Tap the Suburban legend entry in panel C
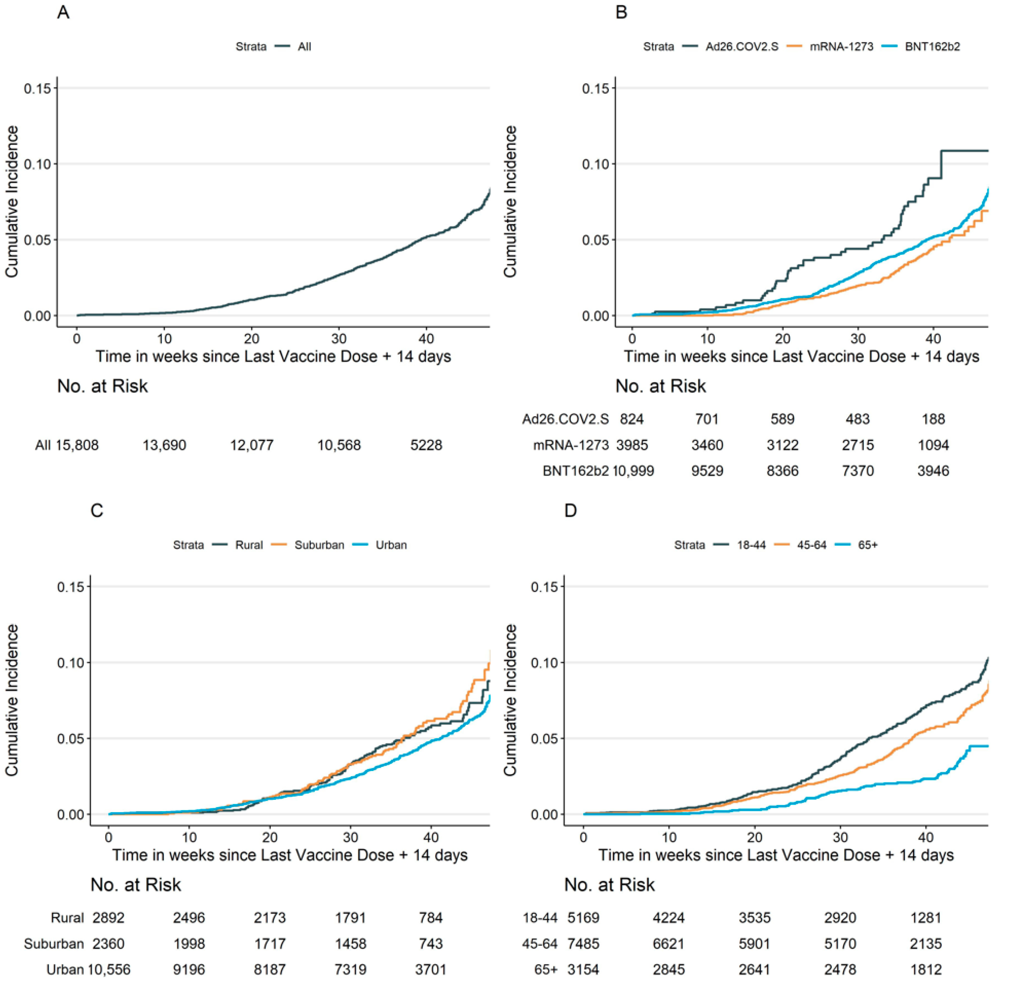tap(319, 545)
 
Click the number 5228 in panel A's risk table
tap(426, 445)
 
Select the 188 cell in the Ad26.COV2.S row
tap(933, 419)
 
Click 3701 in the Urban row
tap(431, 970)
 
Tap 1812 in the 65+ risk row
tap(926, 970)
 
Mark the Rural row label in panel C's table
tap(67, 918)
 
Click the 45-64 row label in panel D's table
tap(540, 944)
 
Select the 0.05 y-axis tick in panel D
tap(544, 738)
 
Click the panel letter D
tap(570, 510)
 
